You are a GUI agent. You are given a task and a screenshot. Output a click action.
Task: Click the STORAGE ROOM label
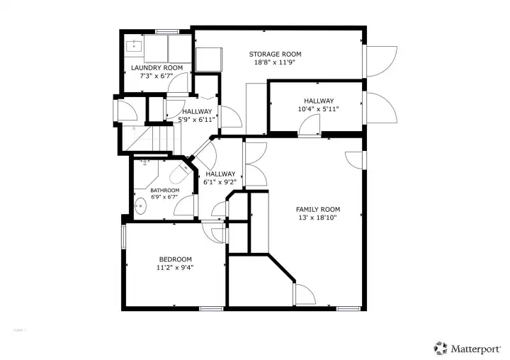pyautogui.click(x=275, y=54)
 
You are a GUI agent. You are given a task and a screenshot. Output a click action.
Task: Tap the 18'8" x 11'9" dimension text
pyautogui.click(x=275, y=62)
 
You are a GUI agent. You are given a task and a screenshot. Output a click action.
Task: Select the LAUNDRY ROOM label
pyautogui.click(x=157, y=68)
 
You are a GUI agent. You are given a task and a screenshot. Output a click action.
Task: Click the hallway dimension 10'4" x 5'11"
pyautogui.click(x=318, y=109)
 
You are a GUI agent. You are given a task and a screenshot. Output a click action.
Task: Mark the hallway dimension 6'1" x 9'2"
pyautogui.click(x=220, y=182)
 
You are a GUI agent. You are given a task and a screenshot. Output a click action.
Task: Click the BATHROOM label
pyautogui.click(x=164, y=190)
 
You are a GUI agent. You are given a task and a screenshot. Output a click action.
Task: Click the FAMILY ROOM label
pyautogui.click(x=317, y=209)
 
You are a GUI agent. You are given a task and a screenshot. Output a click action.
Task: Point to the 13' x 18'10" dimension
pyautogui.click(x=317, y=218)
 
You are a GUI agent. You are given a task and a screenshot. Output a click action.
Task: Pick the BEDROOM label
pyautogui.click(x=174, y=259)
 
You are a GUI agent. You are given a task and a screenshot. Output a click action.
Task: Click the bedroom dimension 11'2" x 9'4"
pyautogui.click(x=174, y=268)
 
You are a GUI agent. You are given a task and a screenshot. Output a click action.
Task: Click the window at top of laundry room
pyautogui.click(x=166, y=30)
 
